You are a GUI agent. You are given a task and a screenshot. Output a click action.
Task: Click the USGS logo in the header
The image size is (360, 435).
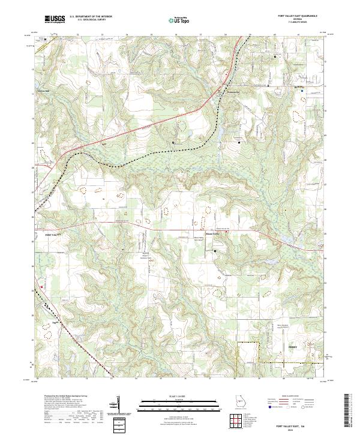point(55,20)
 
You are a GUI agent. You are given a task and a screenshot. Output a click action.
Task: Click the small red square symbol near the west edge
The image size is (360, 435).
point(41,287)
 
